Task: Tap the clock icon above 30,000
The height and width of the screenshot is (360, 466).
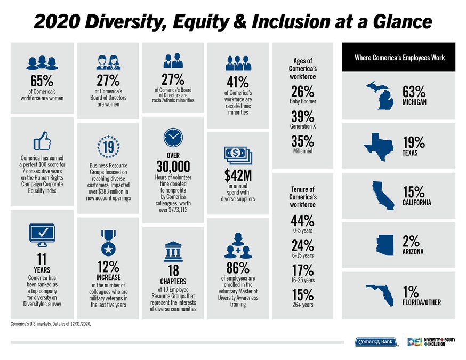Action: click(172, 138)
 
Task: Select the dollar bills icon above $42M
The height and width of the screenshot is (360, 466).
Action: click(237, 156)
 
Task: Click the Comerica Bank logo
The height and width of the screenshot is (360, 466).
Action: click(375, 342)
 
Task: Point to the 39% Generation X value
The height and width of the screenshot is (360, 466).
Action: click(302, 116)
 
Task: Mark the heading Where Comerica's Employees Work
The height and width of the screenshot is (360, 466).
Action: click(399, 58)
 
